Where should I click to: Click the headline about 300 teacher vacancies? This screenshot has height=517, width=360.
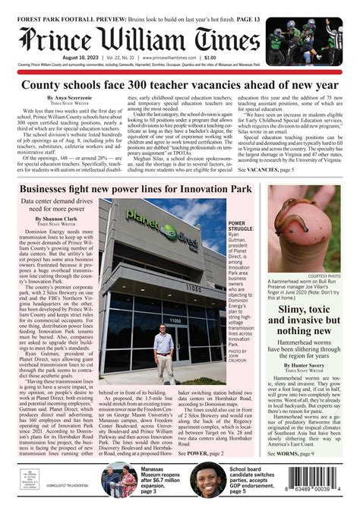click(179, 86)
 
